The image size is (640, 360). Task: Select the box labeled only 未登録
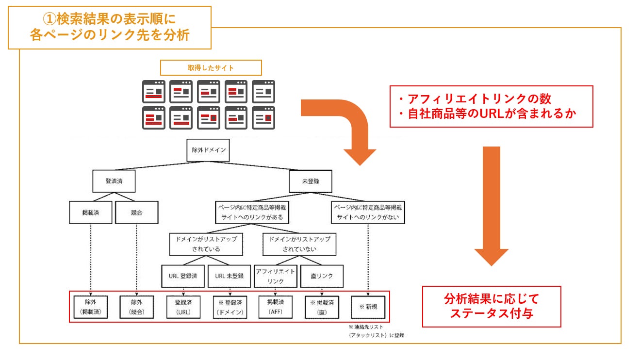pyautogui.click(x=311, y=182)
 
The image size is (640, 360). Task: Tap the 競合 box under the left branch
pyautogui.click(x=136, y=212)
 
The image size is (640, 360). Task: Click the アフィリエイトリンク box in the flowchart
pyautogui.click(x=275, y=276)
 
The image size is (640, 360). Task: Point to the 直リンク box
pyautogui.click(x=322, y=276)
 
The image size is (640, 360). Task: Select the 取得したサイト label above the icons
pyautogui.click(x=211, y=67)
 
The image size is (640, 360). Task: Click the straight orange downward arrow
pyautogui.click(x=491, y=204)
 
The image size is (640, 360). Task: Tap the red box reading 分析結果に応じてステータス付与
pyautogui.click(x=491, y=306)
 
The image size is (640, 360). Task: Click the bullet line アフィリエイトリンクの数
pyautogui.click(x=475, y=98)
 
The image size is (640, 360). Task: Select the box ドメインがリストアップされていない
pyautogui.click(x=299, y=244)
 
